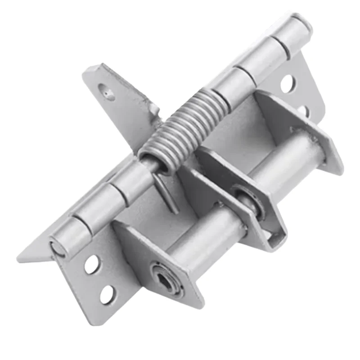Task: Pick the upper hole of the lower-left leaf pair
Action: pos(91,265)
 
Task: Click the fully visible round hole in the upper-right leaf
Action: pos(288,83)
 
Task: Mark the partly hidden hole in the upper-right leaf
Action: pos(303,109)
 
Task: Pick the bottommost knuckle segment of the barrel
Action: pos(72,236)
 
